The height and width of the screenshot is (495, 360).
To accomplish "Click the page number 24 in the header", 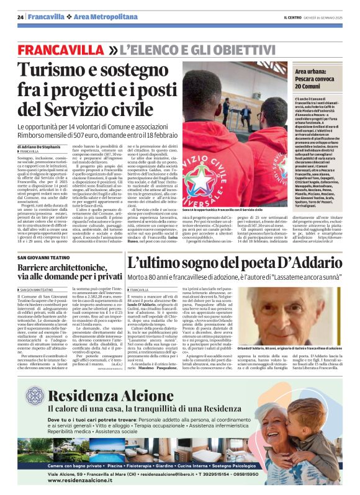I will click(21, 16).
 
